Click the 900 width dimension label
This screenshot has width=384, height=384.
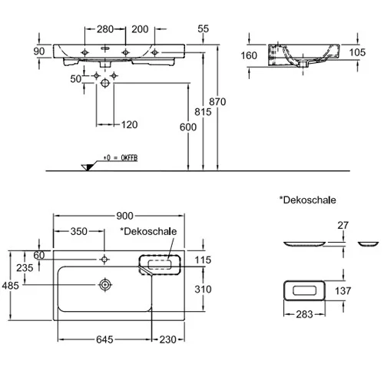tap(124, 216)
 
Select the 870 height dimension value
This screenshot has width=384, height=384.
tap(217, 102)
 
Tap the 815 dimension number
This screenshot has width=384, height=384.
tap(203, 112)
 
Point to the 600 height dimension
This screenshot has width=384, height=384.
tap(188, 127)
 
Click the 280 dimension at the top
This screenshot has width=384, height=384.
tap(105, 29)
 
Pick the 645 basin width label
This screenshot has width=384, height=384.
tap(104, 339)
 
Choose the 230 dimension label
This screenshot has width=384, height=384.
tap(168, 339)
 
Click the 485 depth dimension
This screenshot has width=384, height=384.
tap(11, 286)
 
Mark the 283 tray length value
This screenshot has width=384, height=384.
tap(304, 314)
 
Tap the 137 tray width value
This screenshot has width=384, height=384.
tap(343, 291)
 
